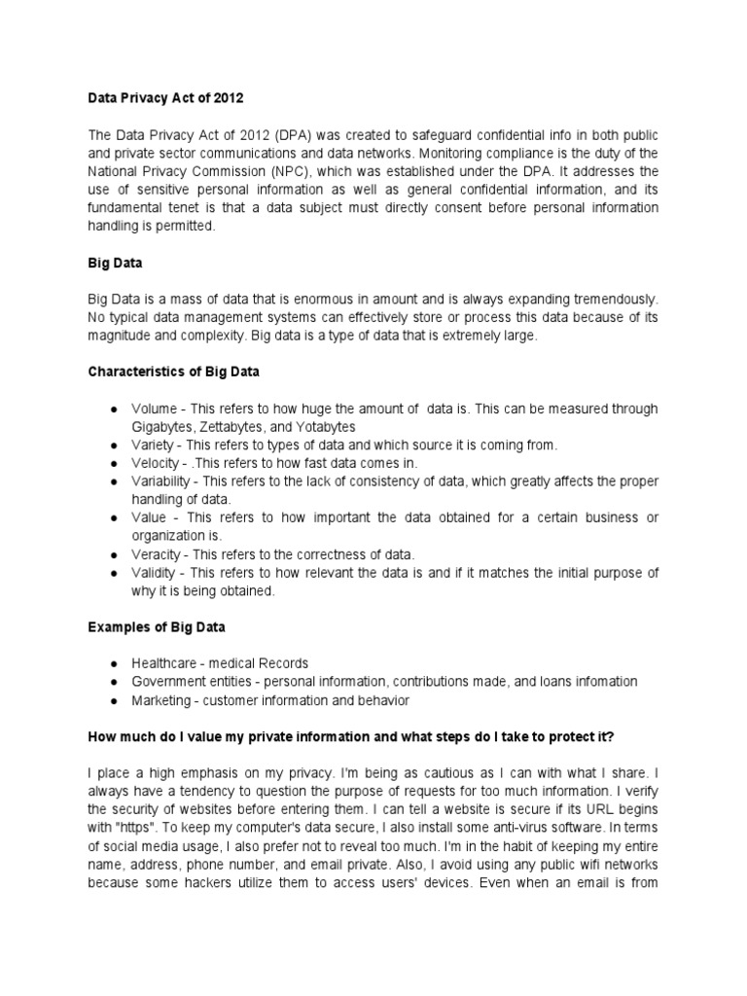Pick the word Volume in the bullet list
pyautogui.click(x=155, y=409)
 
